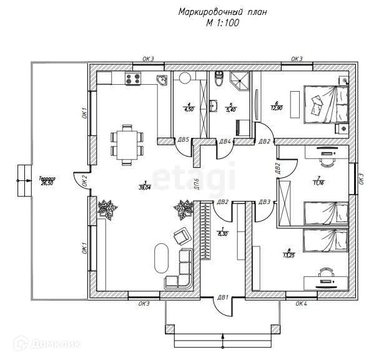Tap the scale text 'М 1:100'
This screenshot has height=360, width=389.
tap(222, 23)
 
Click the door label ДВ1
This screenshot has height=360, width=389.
tap(222, 297)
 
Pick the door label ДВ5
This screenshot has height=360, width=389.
tap(184, 140)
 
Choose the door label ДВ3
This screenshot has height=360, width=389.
tap(264, 202)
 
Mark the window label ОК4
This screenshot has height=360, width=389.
tap(302, 303)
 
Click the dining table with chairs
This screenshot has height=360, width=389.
tap(126, 143)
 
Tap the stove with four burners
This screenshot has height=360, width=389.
tap(132, 79)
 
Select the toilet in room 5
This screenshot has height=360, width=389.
tap(218, 79)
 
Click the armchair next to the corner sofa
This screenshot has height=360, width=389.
tap(180, 235)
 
